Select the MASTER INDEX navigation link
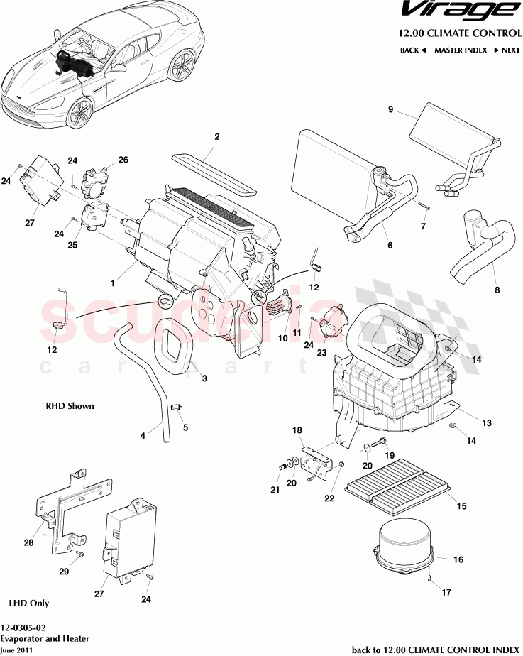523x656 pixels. (x=460, y=50)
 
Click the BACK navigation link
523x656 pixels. (x=412, y=50)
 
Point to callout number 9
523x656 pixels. (x=390, y=109)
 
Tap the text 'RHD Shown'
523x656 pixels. (x=70, y=406)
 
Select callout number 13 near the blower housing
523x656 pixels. (x=487, y=423)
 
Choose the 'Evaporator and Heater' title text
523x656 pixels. (x=45, y=638)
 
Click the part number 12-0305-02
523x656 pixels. (x=25, y=628)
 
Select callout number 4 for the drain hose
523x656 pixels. (x=143, y=435)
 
